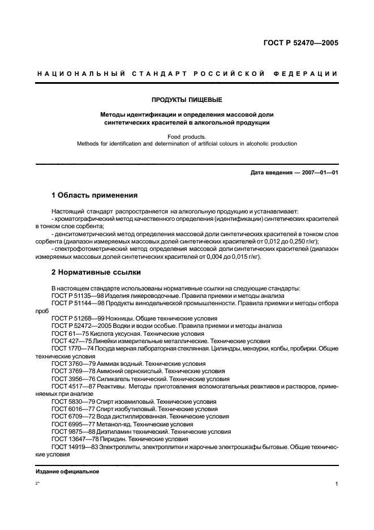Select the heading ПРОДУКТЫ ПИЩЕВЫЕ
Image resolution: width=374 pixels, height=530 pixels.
(x=187, y=99)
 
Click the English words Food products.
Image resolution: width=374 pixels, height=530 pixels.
(x=187, y=136)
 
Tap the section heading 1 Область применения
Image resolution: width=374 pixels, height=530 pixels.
(x=94, y=195)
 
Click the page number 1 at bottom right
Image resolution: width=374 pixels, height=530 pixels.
(x=336, y=485)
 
